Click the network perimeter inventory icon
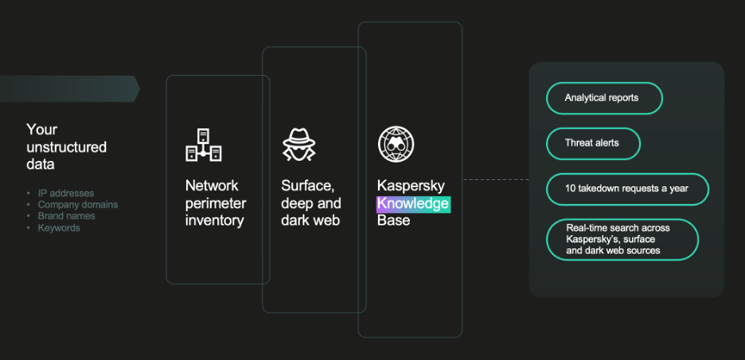pyautogui.click(x=203, y=144)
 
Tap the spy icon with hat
pyautogui.click(x=299, y=144)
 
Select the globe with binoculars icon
pyautogui.click(x=396, y=144)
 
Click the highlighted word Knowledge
pyautogui.click(x=413, y=204)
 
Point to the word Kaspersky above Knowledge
pyautogui.click(x=411, y=186)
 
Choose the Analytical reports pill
pyautogui.click(x=604, y=98)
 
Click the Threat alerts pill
pyautogui.click(x=592, y=143)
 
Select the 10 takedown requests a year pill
pyautogui.click(x=627, y=189)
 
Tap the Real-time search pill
pyautogui.click(x=622, y=239)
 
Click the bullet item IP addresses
pyautogui.click(x=66, y=194)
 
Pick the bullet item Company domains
pyautogui.click(x=78, y=205)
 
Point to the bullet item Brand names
pyautogui.click(x=67, y=216)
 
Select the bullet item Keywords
pyautogui.click(x=59, y=228)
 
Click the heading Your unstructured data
pyautogui.click(x=66, y=147)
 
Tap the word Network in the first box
pyautogui.click(x=212, y=186)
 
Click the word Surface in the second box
pyautogui.click(x=306, y=186)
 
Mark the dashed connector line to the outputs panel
pyautogui.click(x=496, y=179)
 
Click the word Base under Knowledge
pyautogui.click(x=393, y=221)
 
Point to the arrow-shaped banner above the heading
pyautogui.click(x=68, y=88)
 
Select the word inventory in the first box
pyautogui.click(x=214, y=221)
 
